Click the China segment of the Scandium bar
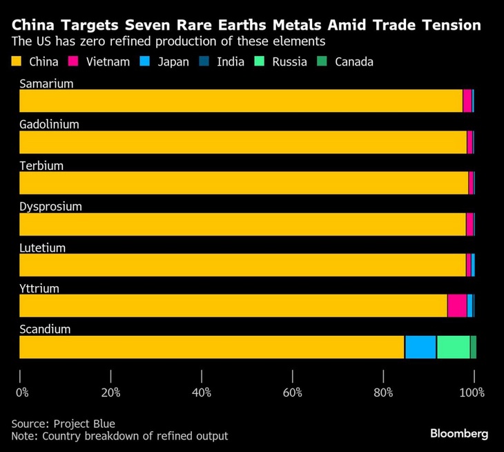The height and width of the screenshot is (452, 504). [x=211, y=347]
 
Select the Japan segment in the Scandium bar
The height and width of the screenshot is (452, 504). [x=420, y=347]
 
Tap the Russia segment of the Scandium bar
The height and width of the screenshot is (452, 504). [x=453, y=347]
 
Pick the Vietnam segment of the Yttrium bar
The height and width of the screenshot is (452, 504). [x=456, y=305]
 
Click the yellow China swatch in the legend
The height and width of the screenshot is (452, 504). [x=18, y=62]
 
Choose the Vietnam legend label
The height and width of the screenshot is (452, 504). [x=108, y=62]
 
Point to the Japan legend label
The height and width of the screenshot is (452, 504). [x=173, y=62]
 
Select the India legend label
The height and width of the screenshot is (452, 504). [x=230, y=62]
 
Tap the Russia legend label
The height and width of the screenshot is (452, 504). [x=289, y=62]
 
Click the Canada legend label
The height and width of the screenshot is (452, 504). [x=353, y=62]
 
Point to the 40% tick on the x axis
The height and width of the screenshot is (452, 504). [x=202, y=377]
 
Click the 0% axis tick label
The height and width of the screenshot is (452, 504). [x=23, y=393]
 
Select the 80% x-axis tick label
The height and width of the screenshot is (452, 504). [x=383, y=393]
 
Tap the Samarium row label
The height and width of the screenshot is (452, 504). [x=46, y=84]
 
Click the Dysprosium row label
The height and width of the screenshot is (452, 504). [x=50, y=207]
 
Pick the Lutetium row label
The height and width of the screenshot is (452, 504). [x=42, y=247]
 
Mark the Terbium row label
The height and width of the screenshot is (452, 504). [x=41, y=166]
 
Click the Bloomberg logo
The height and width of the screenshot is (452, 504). [x=459, y=433]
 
